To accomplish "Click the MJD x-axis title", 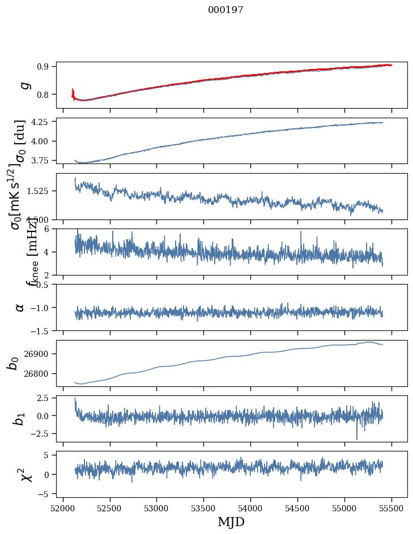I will tap(231, 522).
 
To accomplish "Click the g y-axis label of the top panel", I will tap(24, 85).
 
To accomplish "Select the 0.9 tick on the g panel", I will tap(46, 66).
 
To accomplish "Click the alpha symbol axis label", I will tap(20, 307).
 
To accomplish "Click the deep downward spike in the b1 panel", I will tap(357, 438).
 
